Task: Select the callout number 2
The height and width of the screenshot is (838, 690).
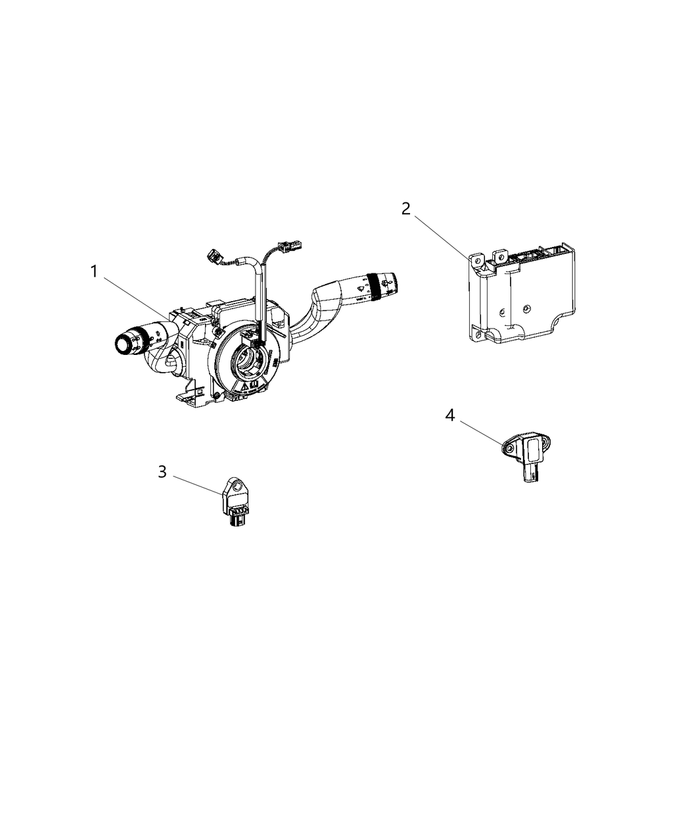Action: pos(406,209)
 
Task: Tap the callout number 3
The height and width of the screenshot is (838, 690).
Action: pos(162,471)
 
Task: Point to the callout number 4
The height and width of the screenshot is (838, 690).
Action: pos(449,415)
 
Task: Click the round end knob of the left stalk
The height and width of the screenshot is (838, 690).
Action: pos(124,343)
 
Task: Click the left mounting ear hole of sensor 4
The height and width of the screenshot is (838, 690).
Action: pos(509,448)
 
